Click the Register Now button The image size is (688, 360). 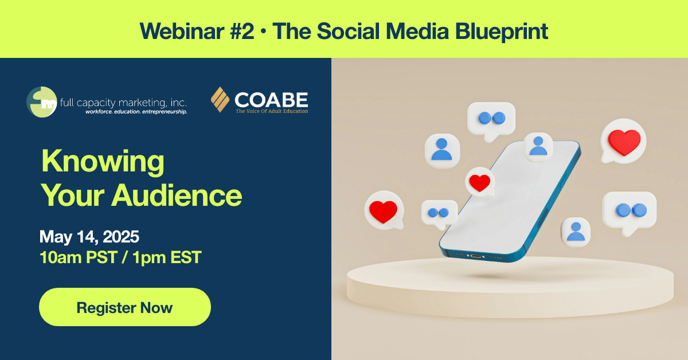[x=125, y=307]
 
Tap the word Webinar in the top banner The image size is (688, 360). [x=182, y=32]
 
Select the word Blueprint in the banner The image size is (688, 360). [x=501, y=32]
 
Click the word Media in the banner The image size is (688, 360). [x=417, y=32]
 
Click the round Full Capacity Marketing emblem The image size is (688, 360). [x=42, y=102]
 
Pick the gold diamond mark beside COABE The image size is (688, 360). [x=220, y=100]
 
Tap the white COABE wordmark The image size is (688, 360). [x=271, y=100]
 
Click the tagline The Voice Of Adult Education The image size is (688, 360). [x=272, y=111]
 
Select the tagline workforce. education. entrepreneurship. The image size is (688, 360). [x=136, y=112]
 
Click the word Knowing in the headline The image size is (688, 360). [x=103, y=162]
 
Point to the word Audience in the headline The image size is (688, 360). [x=177, y=195]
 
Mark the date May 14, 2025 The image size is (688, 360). [x=89, y=237]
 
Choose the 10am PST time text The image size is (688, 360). [x=79, y=257]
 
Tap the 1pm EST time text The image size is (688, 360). [x=167, y=257]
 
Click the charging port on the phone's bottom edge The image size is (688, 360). [x=476, y=256]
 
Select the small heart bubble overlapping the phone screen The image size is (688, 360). [x=480, y=182]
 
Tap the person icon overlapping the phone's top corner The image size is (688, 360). [x=538, y=147]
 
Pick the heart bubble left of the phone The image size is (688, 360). [x=384, y=211]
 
